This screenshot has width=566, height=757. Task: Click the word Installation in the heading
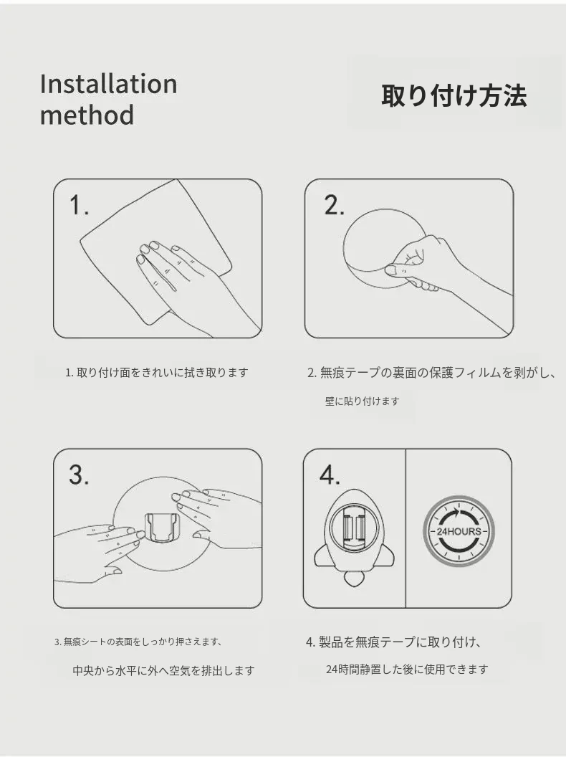[109, 84]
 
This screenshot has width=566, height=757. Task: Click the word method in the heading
[87, 115]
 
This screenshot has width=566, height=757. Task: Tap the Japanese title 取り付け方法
[454, 95]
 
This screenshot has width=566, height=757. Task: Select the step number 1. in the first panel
[79, 205]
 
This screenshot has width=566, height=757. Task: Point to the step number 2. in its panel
[334, 205]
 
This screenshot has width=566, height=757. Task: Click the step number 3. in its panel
[79, 475]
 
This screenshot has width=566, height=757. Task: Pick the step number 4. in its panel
[330, 475]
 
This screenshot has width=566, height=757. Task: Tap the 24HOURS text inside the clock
[459, 531]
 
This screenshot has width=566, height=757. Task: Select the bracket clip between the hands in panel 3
[161, 532]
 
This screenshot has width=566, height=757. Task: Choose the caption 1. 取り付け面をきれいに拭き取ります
[157, 373]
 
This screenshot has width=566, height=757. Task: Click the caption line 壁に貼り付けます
[362, 401]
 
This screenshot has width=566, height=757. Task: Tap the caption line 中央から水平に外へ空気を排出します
[163, 670]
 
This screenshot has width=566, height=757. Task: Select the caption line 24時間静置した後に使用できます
[407, 670]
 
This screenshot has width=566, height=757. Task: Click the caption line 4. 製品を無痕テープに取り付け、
[394, 642]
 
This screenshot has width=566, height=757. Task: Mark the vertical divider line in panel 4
[406, 528]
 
